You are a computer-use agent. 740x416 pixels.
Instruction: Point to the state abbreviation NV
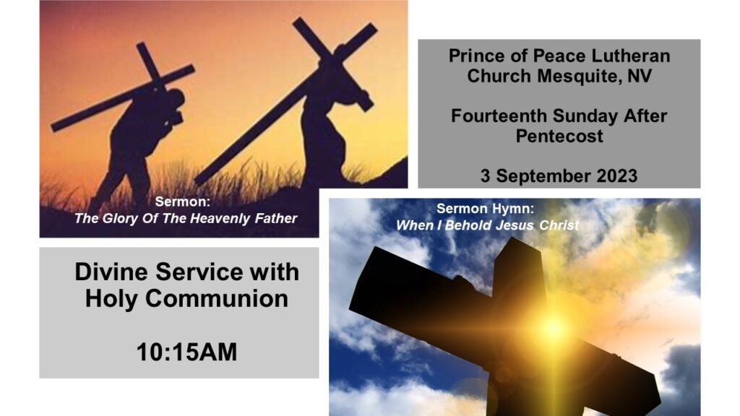640,76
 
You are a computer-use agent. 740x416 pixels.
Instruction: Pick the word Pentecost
559,136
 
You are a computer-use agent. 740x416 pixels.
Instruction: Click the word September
543,177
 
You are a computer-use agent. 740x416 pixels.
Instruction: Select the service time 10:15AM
187,352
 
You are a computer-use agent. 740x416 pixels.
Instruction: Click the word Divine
111,272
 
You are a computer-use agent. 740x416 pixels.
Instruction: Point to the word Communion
217,298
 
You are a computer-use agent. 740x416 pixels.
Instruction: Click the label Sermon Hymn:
485,209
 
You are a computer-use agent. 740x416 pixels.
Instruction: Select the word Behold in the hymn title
468,225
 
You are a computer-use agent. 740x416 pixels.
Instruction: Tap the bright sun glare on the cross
553,326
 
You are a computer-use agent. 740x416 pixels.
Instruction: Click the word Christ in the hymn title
559,225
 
